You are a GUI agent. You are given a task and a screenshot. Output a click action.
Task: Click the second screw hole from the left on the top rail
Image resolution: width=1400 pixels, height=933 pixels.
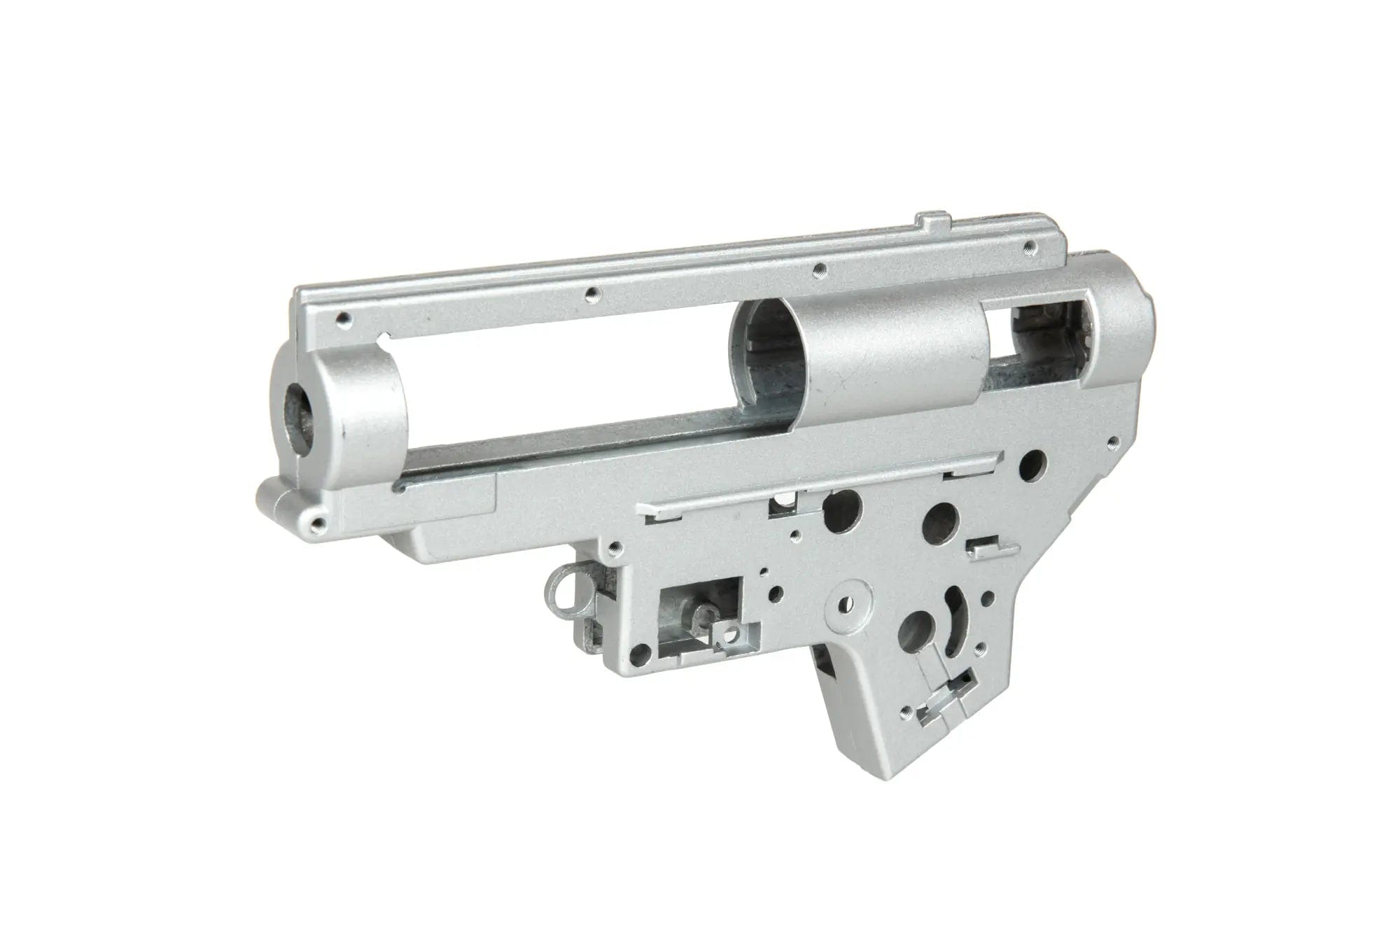[591, 293]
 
